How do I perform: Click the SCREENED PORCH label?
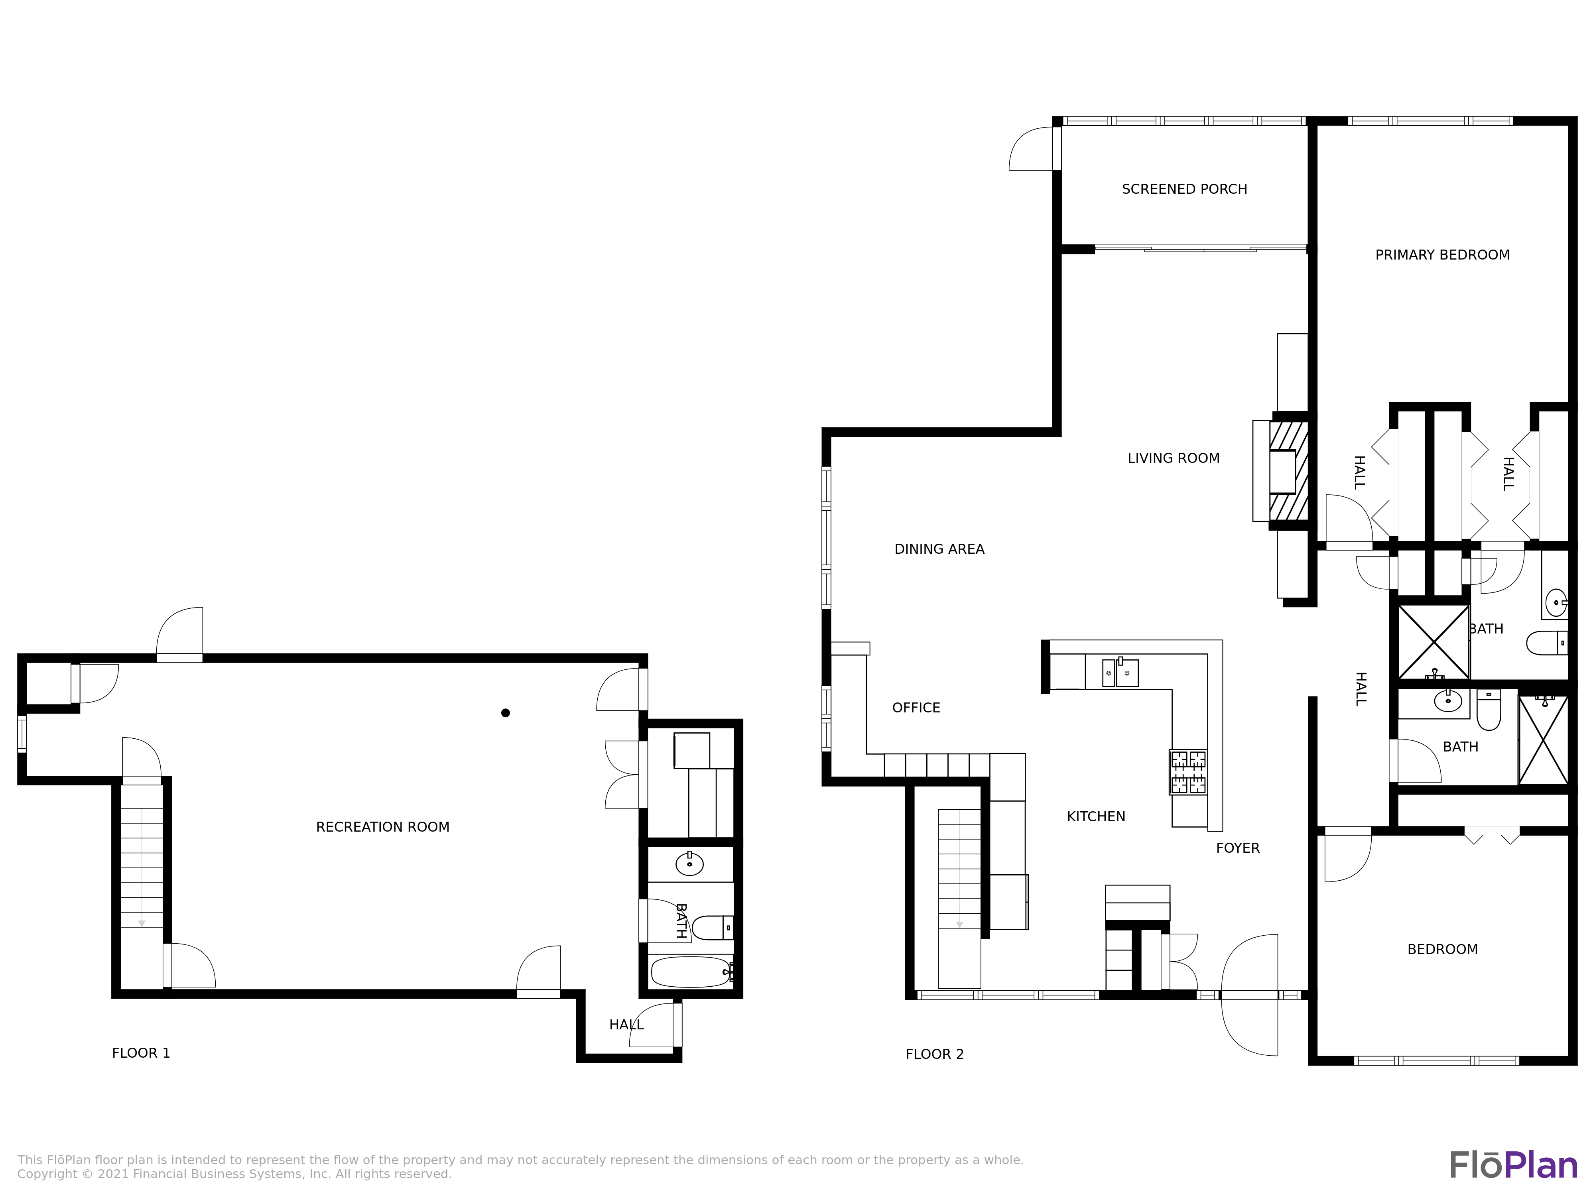1184,189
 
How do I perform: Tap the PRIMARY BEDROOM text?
1442,254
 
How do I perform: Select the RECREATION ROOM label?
382,827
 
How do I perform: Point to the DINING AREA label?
939,549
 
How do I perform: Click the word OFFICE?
916,707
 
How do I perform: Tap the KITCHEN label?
1095,816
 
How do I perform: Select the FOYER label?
1237,848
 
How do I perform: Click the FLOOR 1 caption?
141,1052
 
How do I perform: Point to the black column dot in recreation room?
506,713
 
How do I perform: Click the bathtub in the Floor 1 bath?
690,972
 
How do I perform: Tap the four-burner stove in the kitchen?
1187,772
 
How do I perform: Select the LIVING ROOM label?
1173,458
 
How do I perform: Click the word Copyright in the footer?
47,1174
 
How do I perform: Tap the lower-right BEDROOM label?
1442,950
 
